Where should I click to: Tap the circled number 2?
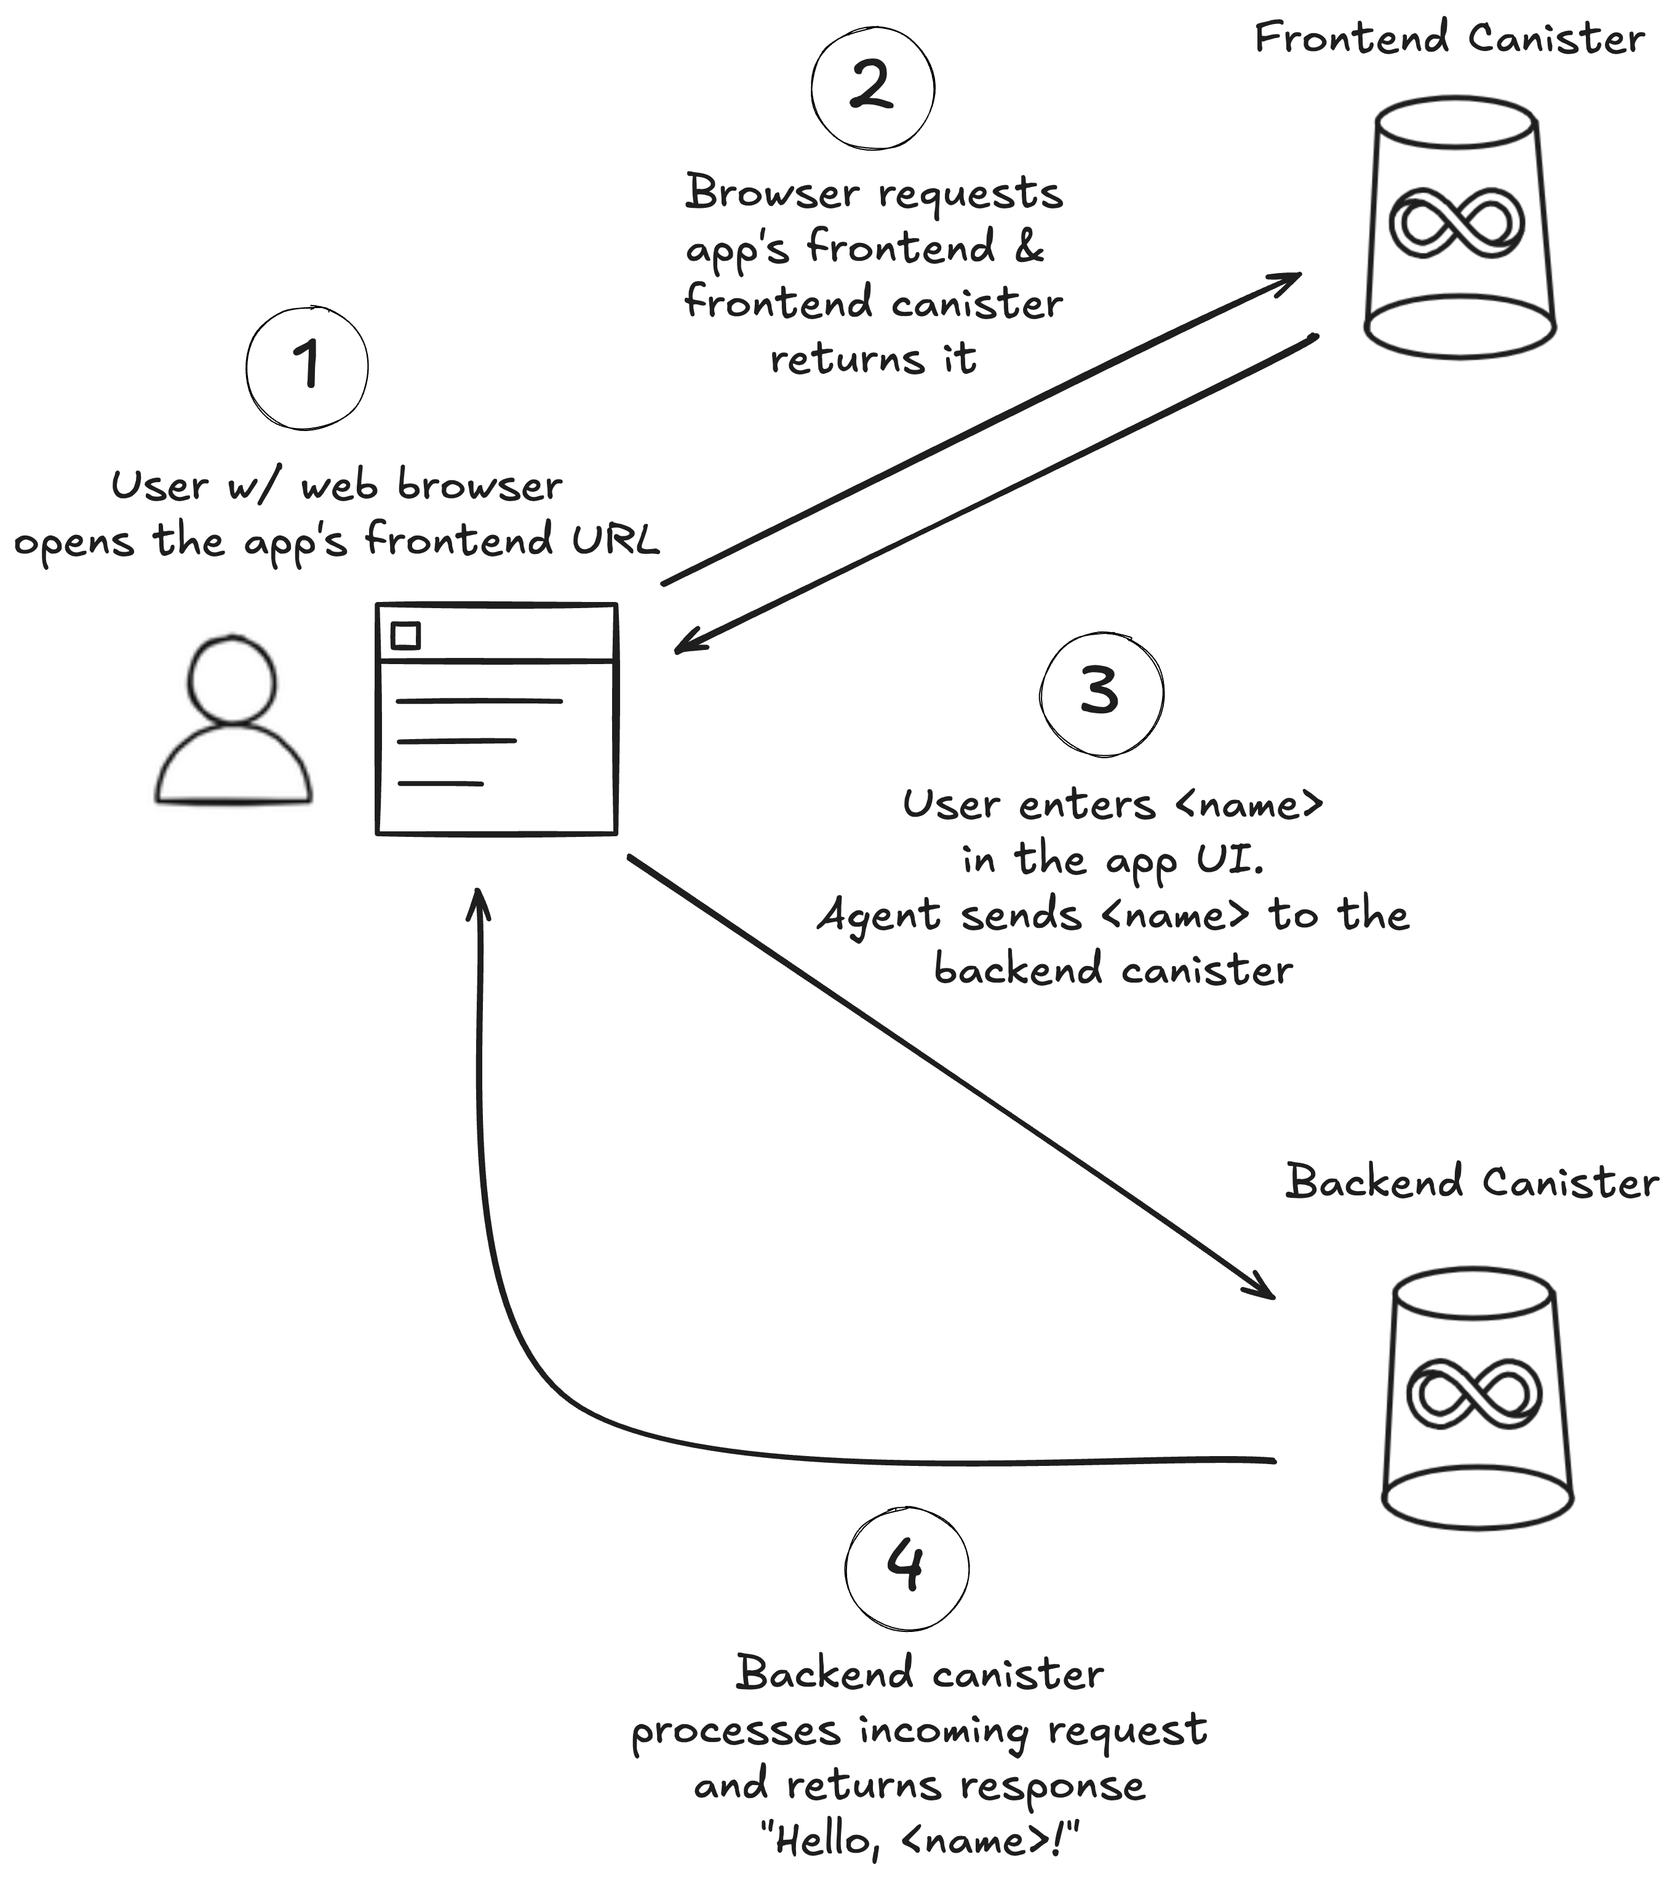[x=872, y=87]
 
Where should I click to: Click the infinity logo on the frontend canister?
[x=1455, y=223]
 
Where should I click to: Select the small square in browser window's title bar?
[x=405, y=635]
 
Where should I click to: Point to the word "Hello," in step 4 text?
[x=822, y=1840]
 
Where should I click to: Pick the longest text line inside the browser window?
[x=479, y=701]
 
